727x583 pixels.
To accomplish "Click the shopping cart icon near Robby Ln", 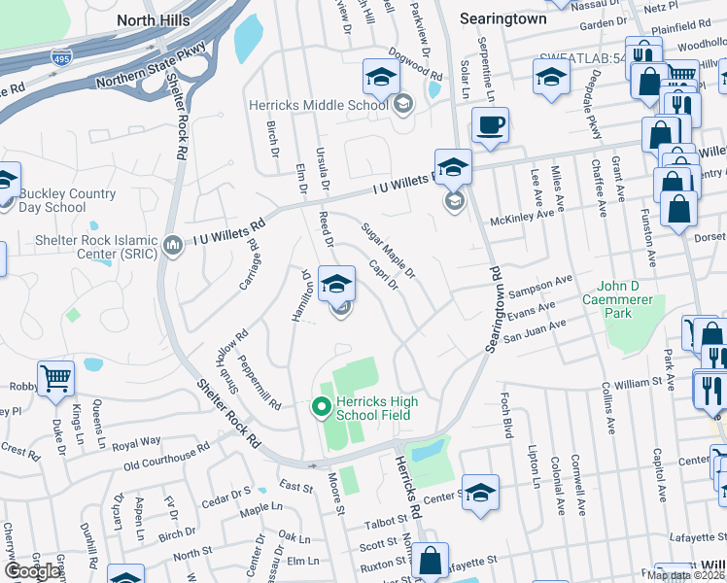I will (56, 379).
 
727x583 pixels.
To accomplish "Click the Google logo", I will (32, 571).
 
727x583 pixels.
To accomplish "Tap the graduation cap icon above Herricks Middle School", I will (381, 77).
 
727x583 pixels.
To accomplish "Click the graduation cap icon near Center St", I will (480, 493).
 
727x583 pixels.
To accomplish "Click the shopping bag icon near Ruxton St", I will (429, 561).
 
